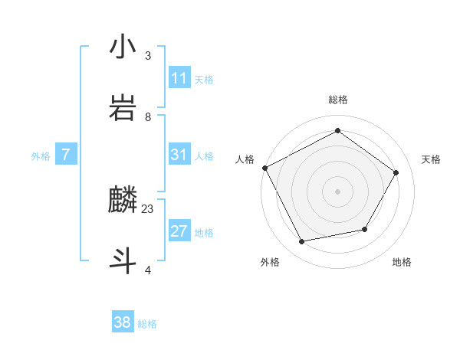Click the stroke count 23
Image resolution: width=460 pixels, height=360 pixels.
point(148,209)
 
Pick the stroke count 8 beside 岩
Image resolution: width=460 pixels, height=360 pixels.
point(148,117)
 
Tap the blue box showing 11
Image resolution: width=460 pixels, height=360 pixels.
point(179,78)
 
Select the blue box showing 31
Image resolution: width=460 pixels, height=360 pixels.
point(179,155)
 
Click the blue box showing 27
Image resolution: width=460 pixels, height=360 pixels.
point(179,231)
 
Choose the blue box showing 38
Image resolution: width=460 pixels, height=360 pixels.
point(123,322)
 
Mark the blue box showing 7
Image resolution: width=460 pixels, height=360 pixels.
point(66,155)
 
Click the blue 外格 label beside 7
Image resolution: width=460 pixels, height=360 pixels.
point(41,156)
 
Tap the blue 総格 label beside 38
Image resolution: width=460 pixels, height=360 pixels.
point(147,324)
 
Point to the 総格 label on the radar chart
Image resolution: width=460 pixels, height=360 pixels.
point(337,100)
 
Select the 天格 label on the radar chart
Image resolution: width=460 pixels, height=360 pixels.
point(431,159)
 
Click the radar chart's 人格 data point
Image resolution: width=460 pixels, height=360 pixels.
point(264,168)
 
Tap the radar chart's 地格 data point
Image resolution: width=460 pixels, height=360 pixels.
point(365,229)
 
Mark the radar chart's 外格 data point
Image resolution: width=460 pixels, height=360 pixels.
point(302,242)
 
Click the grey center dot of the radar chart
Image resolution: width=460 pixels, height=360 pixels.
point(337,191)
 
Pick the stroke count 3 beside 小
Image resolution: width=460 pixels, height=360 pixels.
point(148,56)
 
